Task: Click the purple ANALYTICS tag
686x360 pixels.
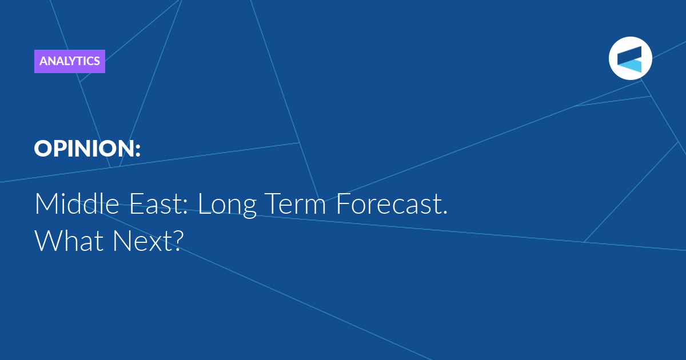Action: [x=70, y=61]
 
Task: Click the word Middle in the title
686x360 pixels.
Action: [x=77, y=203]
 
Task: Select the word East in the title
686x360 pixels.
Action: [x=157, y=204]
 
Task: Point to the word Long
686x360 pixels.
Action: [x=228, y=205]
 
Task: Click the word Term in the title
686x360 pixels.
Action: [x=297, y=204]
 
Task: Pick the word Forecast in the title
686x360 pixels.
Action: [x=388, y=204]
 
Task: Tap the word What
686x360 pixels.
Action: [x=69, y=241]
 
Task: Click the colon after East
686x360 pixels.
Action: [x=185, y=207]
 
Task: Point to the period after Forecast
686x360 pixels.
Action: [x=445, y=211]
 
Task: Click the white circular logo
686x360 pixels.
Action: [x=630, y=58]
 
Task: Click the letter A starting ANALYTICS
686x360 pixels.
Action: [x=43, y=61]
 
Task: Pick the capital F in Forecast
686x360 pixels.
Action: [x=342, y=204]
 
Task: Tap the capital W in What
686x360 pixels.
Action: [x=49, y=241]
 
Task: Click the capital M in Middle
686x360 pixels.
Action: [x=45, y=204]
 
